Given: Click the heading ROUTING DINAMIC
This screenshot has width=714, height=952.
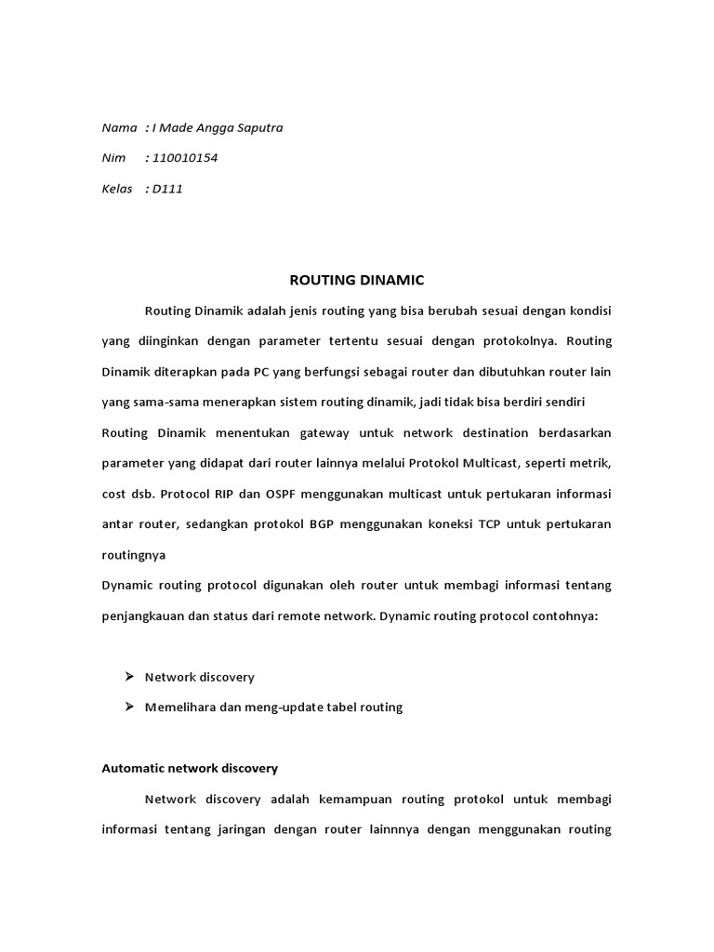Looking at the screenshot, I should [357, 279].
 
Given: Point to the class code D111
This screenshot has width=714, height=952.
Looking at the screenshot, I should [169, 189].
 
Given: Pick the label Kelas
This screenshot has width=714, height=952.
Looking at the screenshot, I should [117, 189].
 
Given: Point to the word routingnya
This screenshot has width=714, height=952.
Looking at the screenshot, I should [134, 554].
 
